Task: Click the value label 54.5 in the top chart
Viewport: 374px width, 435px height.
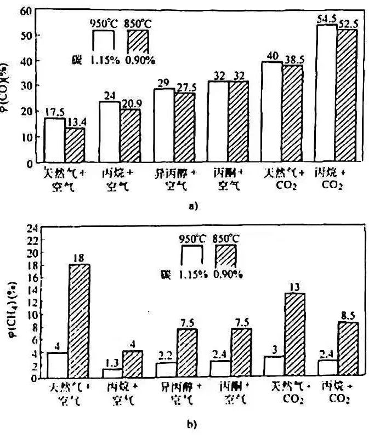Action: (326, 19)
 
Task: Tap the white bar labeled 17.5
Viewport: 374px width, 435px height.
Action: (55, 140)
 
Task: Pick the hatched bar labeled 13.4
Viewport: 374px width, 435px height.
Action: (75, 145)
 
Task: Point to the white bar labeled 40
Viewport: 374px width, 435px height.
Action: (271, 112)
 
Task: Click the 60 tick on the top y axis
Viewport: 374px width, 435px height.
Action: (24, 10)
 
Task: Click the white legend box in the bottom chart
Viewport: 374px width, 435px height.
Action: (192, 256)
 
